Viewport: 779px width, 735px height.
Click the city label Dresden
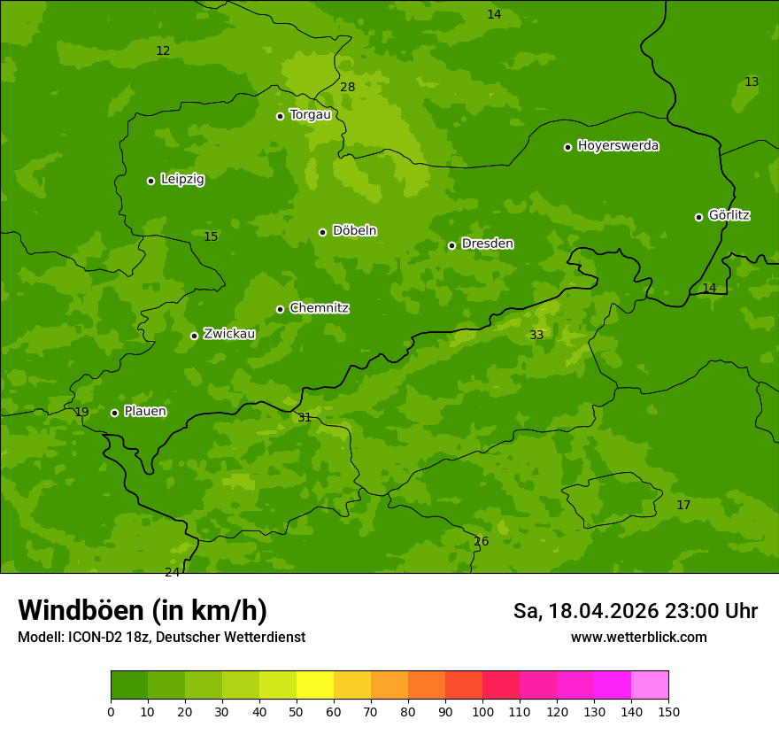(x=487, y=244)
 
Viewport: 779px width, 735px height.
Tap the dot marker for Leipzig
(x=150, y=181)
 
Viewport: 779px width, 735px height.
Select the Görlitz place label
(x=729, y=215)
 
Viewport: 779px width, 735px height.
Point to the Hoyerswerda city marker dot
(x=567, y=147)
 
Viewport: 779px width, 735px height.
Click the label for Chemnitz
(x=319, y=308)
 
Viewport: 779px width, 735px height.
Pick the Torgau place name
(x=310, y=114)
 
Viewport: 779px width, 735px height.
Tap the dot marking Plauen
(x=114, y=413)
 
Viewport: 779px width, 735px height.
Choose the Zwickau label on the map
(x=229, y=334)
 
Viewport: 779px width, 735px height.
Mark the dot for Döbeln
(x=322, y=232)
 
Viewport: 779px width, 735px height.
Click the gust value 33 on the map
(x=536, y=335)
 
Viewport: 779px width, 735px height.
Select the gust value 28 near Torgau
(x=348, y=87)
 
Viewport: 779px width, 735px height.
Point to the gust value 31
(x=305, y=417)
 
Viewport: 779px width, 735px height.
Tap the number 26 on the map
(x=481, y=541)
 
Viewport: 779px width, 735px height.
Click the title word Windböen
(x=81, y=610)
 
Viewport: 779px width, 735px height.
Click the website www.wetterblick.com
(x=638, y=638)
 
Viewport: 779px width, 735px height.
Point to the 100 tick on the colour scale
(x=482, y=711)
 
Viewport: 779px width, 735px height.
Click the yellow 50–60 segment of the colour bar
(x=315, y=685)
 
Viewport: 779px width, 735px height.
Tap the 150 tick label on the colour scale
(x=668, y=711)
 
